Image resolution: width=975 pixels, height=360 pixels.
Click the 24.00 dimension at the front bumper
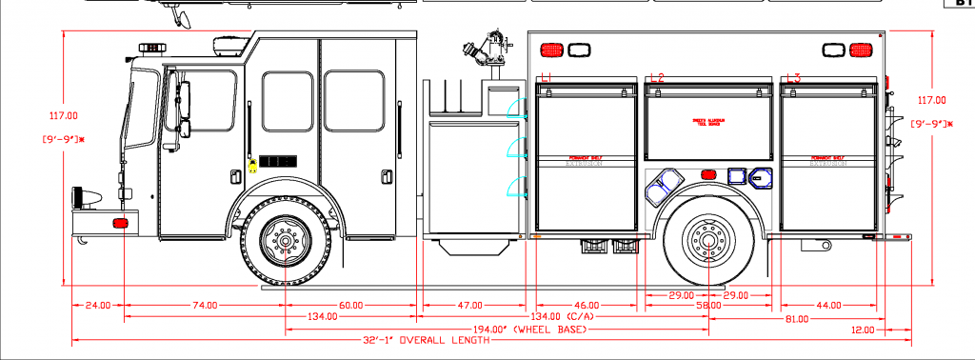point(98,305)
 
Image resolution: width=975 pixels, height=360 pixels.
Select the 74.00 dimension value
point(205,305)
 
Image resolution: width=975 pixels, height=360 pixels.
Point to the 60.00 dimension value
point(350,305)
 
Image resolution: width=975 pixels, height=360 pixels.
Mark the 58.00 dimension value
point(707,306)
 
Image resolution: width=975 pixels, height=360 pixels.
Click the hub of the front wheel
point(286,241)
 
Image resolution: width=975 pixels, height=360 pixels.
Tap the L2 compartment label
point(656,77)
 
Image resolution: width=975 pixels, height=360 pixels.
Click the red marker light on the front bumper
point(120,223)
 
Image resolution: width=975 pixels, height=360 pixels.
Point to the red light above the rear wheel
point(707,174)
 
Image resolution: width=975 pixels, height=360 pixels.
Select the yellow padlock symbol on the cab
point(253,164)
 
